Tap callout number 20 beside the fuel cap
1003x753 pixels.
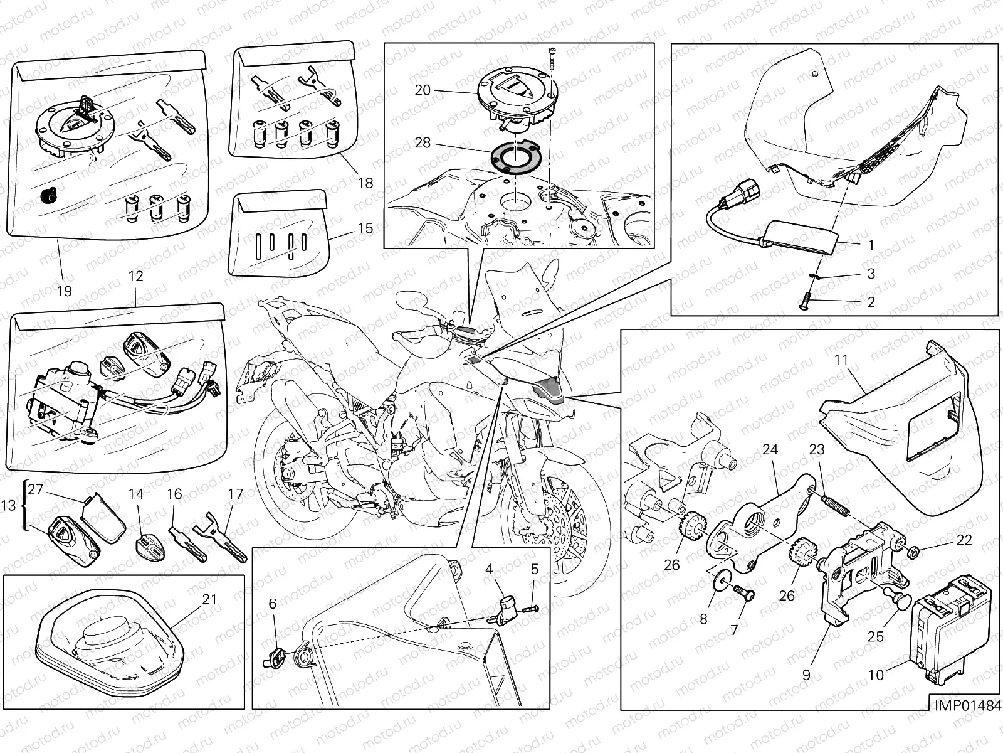[423, 90]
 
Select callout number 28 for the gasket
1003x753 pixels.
[423, 143]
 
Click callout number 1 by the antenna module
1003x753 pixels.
[871, 245]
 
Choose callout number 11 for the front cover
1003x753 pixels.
[841, 360]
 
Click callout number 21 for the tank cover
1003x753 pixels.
[210, 599]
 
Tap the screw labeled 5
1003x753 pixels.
[532, 609]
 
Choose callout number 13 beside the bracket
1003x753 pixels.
[8, 505]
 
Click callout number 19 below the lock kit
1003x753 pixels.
[65, 291]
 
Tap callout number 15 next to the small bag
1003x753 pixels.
[365, 228]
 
